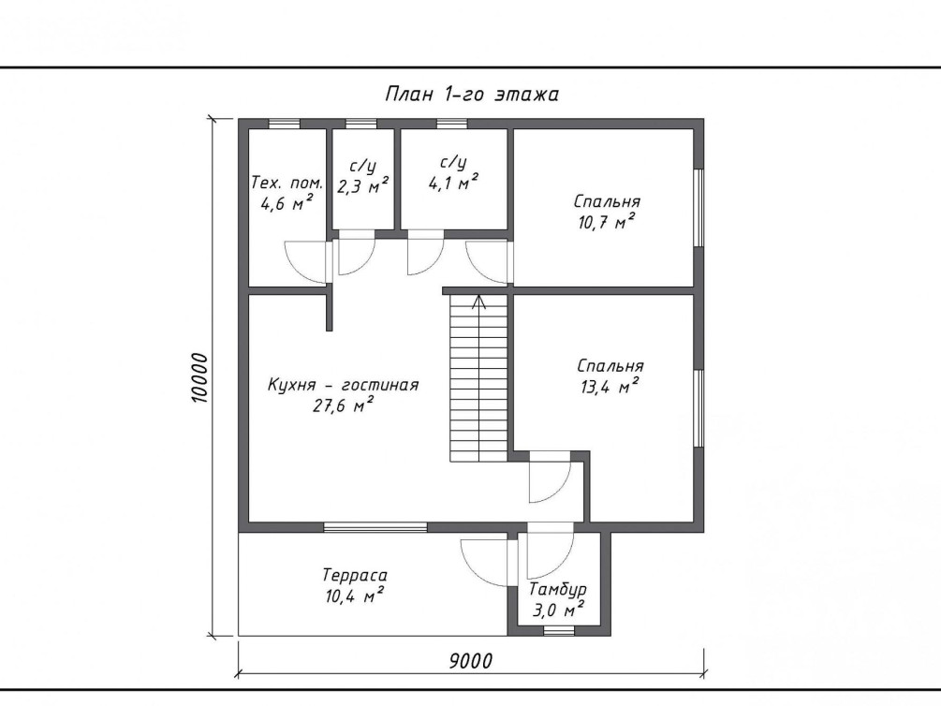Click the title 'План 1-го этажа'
[472, 95]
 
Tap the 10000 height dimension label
[199, 377]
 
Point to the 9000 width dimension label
[471, 660]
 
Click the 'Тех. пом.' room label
[287, 183]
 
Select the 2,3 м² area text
[362, 186]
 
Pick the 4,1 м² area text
[454, 182]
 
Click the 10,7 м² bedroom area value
[607, 222]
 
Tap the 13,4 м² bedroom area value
[610, 387]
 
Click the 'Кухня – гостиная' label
[343, 385]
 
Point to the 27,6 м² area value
[344, 405]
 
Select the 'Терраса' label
[355, 575]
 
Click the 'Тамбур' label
[557, 590]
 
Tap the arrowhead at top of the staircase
[478, 301]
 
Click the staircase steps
[478, 379]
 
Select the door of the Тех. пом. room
[307, 261]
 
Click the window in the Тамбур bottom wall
[558, 631]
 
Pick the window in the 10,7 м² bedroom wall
[698, 208]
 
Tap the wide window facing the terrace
[375, 527]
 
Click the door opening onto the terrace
[486, 562]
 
